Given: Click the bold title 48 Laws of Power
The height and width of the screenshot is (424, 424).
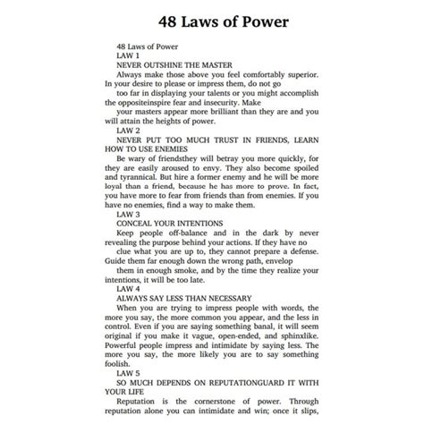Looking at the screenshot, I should click(x=211, y=19).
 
